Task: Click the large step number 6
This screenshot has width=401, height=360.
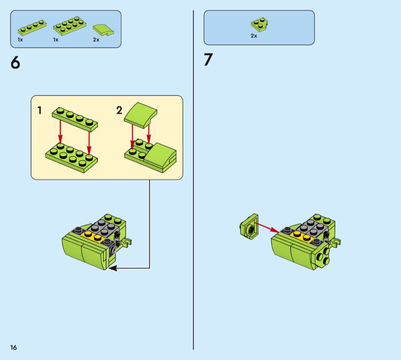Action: pyautogui.click(x=15, y=62)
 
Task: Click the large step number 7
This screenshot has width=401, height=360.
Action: pyautogui.click(x=209, y=60)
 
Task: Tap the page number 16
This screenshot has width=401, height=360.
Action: pyautogui.click(x=13, y=347)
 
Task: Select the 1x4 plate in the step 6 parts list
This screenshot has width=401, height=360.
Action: pyautogui.click(x=32, y=28)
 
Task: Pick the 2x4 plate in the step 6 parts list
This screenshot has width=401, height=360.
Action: pyautogui.click(x=70, y=26)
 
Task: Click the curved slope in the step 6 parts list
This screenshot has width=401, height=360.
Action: pyautogui.click(x=103, y=30)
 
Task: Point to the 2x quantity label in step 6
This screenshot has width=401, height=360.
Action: pyautogui.click(x=96, y=40)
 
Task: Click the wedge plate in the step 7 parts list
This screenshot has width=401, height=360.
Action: pyautogui.click(x=259, y=24)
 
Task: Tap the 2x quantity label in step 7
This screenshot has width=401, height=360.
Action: pyautogui.click(x=254, y=36)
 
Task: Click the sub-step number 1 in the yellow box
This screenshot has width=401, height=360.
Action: pyautogui.click(x=39, y=110)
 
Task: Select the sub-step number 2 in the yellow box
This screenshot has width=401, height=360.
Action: pyautogui.click(x=119, y=110)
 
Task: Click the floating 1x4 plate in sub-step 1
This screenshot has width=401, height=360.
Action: pyautogui.click(x=75, y=119)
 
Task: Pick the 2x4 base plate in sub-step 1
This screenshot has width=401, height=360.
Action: pyautogui.click(x=72, y=158)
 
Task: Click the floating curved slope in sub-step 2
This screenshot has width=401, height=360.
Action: pyautogui.click(x=141, y=115)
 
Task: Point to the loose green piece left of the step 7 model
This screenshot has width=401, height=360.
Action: pyautogui.click(x=249, y=227)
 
